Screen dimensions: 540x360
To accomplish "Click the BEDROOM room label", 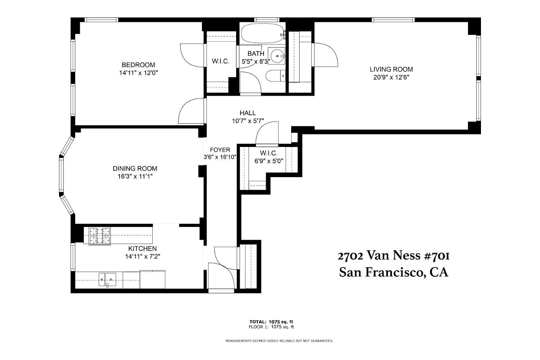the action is pos(138,65).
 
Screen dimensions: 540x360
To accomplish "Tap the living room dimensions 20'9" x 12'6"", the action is pos(391,77).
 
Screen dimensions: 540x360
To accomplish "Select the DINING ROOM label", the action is pos(135,168).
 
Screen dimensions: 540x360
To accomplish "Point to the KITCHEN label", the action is pos(143,249).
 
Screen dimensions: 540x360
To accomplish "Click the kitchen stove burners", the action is pos(100,236).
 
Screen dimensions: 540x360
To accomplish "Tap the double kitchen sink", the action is pos(107,279).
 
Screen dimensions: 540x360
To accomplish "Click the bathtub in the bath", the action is pos(263,34).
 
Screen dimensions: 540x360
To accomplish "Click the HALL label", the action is pos(248,113).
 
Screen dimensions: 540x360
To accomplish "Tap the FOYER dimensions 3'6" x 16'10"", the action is pos(220,157).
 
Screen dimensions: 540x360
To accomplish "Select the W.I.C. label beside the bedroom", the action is pos(221,61).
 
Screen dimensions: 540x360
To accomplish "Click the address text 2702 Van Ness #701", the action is pos(393,256).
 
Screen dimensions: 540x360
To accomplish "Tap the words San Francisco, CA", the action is pos(394,273).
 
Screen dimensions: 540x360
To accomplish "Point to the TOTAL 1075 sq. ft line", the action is pos(271,322).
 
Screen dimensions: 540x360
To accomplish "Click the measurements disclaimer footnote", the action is pos(279,341).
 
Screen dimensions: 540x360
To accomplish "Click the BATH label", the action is pos(256,54).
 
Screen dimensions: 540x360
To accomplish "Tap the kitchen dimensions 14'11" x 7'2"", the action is pos(143,257).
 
